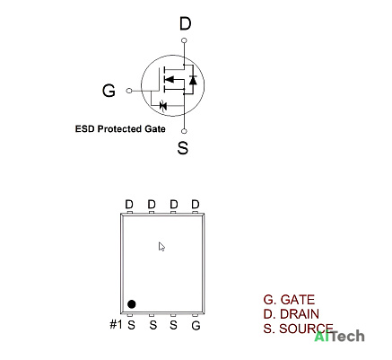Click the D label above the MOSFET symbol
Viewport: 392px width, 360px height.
coord(185,23)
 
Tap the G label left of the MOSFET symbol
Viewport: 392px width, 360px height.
coord(109,91)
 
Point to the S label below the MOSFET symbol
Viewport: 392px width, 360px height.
coord(183,147)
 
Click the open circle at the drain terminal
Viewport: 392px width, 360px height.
coord(184,40)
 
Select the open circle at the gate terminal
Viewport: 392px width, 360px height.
coord(129,91)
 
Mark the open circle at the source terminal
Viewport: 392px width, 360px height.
coord(184,131)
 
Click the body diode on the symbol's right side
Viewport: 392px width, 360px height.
coord(193,80)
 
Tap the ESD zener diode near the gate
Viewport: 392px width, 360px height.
coord(163,105)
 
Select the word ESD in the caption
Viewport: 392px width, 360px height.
coord(85,129)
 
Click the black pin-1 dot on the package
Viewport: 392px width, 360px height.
coord(132,304)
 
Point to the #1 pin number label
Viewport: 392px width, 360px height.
coord(116,324)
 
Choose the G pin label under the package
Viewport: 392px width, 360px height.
coord(196,325)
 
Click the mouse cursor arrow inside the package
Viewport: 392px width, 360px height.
coord(161,247)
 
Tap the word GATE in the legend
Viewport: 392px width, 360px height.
coord(298,300)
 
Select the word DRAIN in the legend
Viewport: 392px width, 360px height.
coord(300,314)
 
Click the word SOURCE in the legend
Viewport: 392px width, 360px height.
coord(306,329)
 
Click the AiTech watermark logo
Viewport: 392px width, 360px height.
coord(339,337)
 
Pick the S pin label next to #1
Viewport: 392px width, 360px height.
coord(131,325)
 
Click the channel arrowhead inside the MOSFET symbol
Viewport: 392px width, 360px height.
coord(170,80)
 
